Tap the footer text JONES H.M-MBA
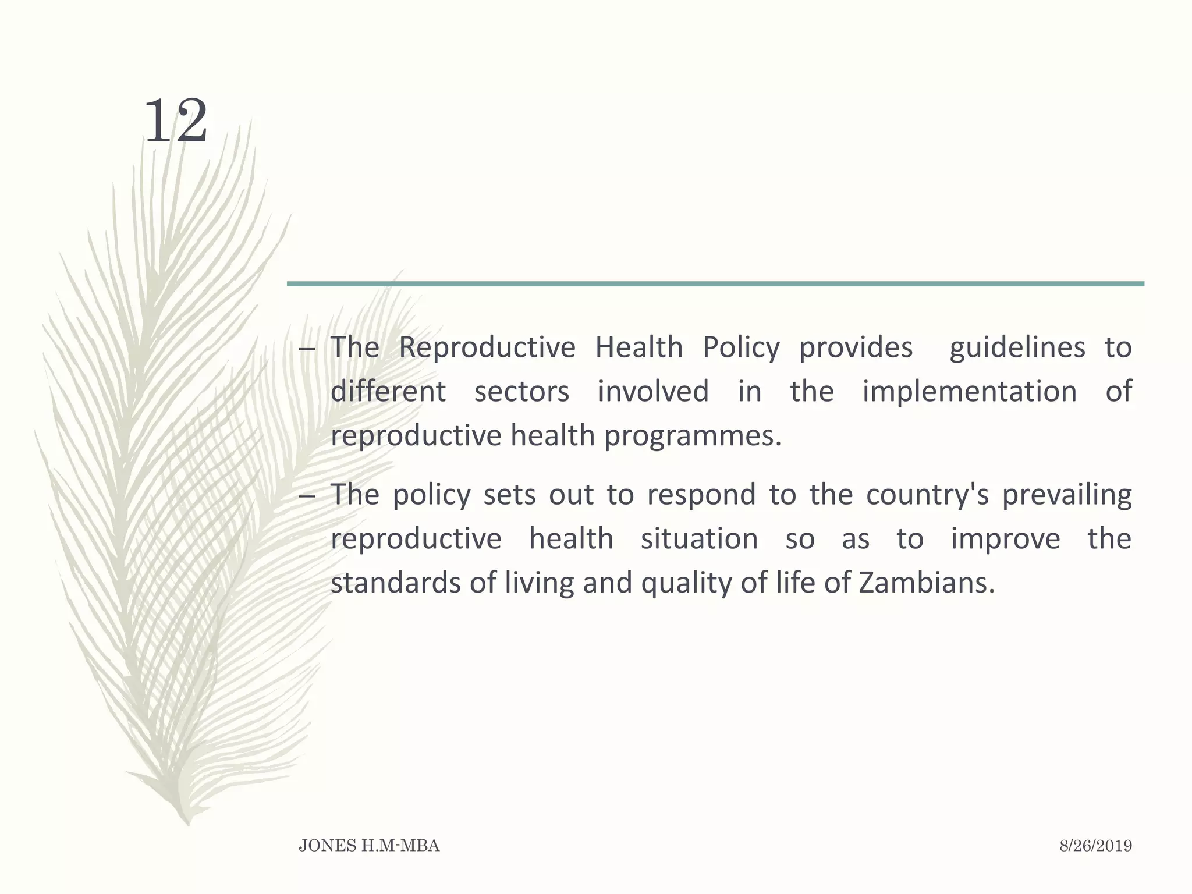pyautogui.click(x=369, y=846)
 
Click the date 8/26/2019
pyautogui.click(x=1095, y=846)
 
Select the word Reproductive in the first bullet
pyautogui.click(x=487, y=348)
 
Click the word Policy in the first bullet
pyautogui.click(x=740, y=348)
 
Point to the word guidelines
pyautogui.click(x=1017, y=348)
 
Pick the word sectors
pyautogui.click(x=521, y=391)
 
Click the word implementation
pyautogui.click(x=969, y=391)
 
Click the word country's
pyautogui.click(x=927, y=495)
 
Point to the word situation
pyautogui.click(x=699, y=539)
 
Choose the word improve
pyautogui.click(x=1005, y=539)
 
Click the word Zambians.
pyautogui.click(x=926, y=583)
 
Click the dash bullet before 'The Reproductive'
pyautogui.click(x=307, y=349)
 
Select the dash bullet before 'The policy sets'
pyautogui.click(x=307, y=496)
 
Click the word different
pyautogui.click(x=388, y=391)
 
